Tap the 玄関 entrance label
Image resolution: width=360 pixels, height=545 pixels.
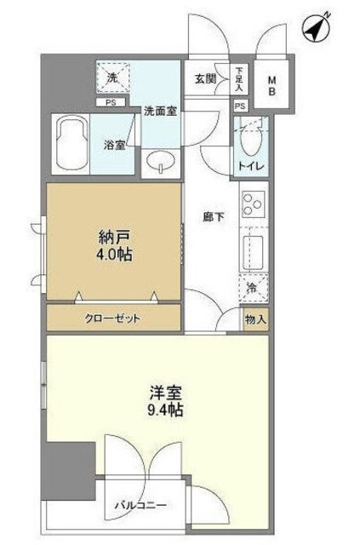click(205, 79)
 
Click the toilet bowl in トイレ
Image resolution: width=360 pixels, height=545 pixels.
click(251, 136)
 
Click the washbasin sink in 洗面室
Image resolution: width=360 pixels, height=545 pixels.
click(158, 161)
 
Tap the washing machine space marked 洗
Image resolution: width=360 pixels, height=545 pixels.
click(111, 78)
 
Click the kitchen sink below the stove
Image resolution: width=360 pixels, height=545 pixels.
click(254, 253)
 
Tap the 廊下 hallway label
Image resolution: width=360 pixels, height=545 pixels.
click(213, 216)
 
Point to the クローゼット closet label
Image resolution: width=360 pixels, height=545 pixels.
click(112, 318)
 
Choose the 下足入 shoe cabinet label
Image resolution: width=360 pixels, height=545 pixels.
click(240, 80)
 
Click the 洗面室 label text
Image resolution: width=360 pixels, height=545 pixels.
click(159, 110)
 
